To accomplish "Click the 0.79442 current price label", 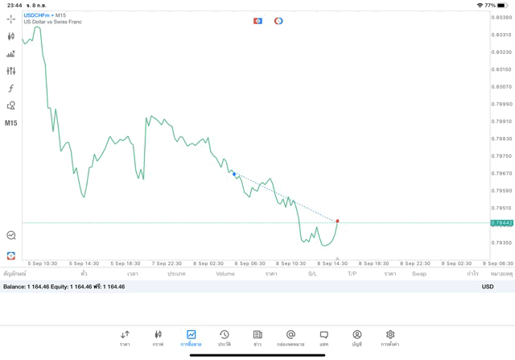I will click(x=501, y=222).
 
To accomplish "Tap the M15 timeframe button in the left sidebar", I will click(x=11, y=123).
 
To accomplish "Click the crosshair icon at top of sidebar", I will click(x=11, y=19).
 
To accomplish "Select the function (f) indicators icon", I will click(x=11, y=89).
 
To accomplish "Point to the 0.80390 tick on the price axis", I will click(x=501, y=17).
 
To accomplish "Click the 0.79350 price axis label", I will click(x=501, y=242).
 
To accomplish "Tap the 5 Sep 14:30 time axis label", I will click(x=84, y=263).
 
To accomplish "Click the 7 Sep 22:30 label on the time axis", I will click(x=165, y=263).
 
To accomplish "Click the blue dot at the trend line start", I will click(x=234, y=173).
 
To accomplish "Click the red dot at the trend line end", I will click(x=337, y=221).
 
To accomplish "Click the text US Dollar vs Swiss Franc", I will click(x=53, y=22).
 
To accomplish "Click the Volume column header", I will click(x=225, y=274).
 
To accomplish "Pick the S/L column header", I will click(x=312, y=274).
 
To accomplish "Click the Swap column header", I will click(x=419, y=274).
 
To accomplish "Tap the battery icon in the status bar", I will click(x=503, y=5).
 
